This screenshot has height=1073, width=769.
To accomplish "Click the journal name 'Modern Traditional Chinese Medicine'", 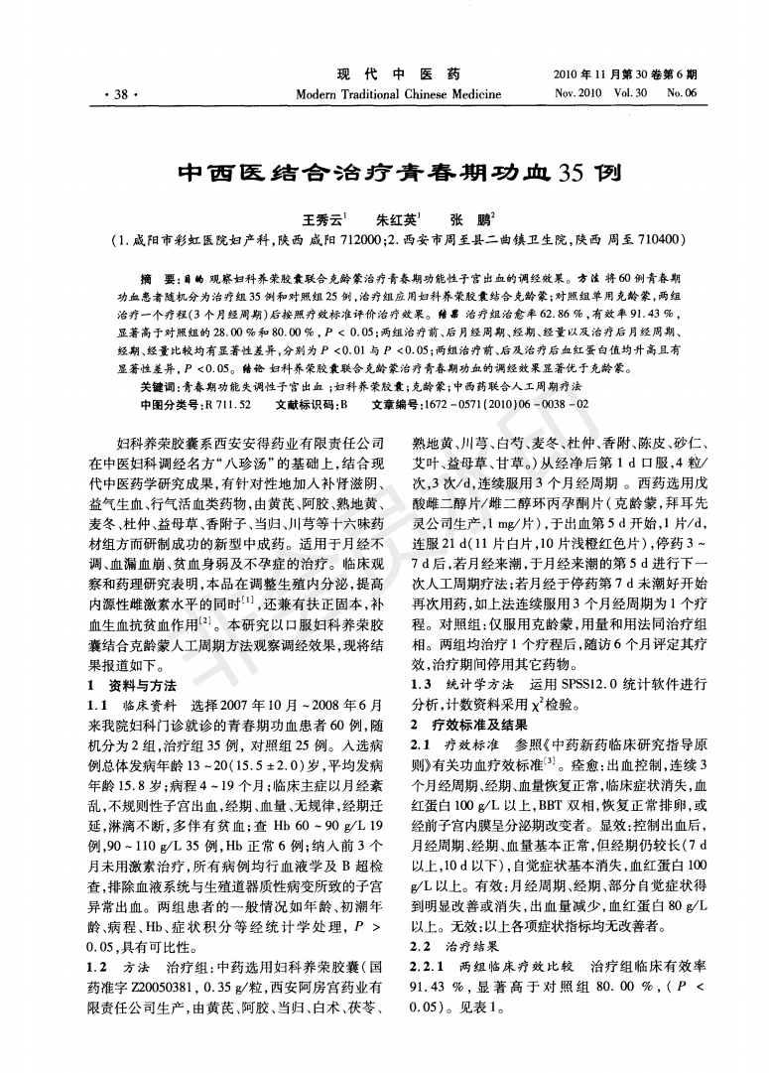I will [383, 94].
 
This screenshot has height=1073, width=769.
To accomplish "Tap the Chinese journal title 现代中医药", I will [383, 74].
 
